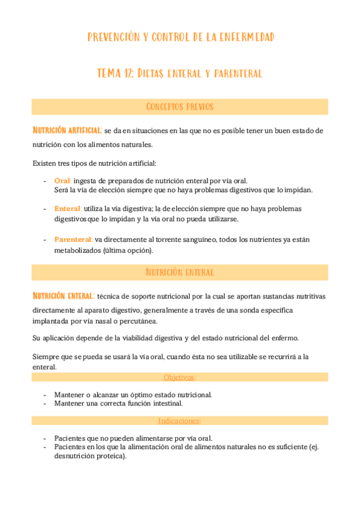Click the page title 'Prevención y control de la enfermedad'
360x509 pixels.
pos(181,37)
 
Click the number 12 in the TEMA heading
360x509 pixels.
pos(127,74)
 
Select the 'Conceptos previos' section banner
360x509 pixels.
pos(180,107)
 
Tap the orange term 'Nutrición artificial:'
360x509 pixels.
pos(67,130)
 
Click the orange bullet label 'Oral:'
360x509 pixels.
pos(63,181)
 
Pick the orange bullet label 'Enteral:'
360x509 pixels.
pos(68,208)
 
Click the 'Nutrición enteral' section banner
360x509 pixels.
pos(180,273)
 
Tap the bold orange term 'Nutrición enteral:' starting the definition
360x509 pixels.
pos(63,296)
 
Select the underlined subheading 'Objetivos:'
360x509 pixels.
pos(180,377)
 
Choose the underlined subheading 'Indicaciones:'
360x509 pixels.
pos(180,421)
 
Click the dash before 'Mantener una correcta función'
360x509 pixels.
pos(46,403)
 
